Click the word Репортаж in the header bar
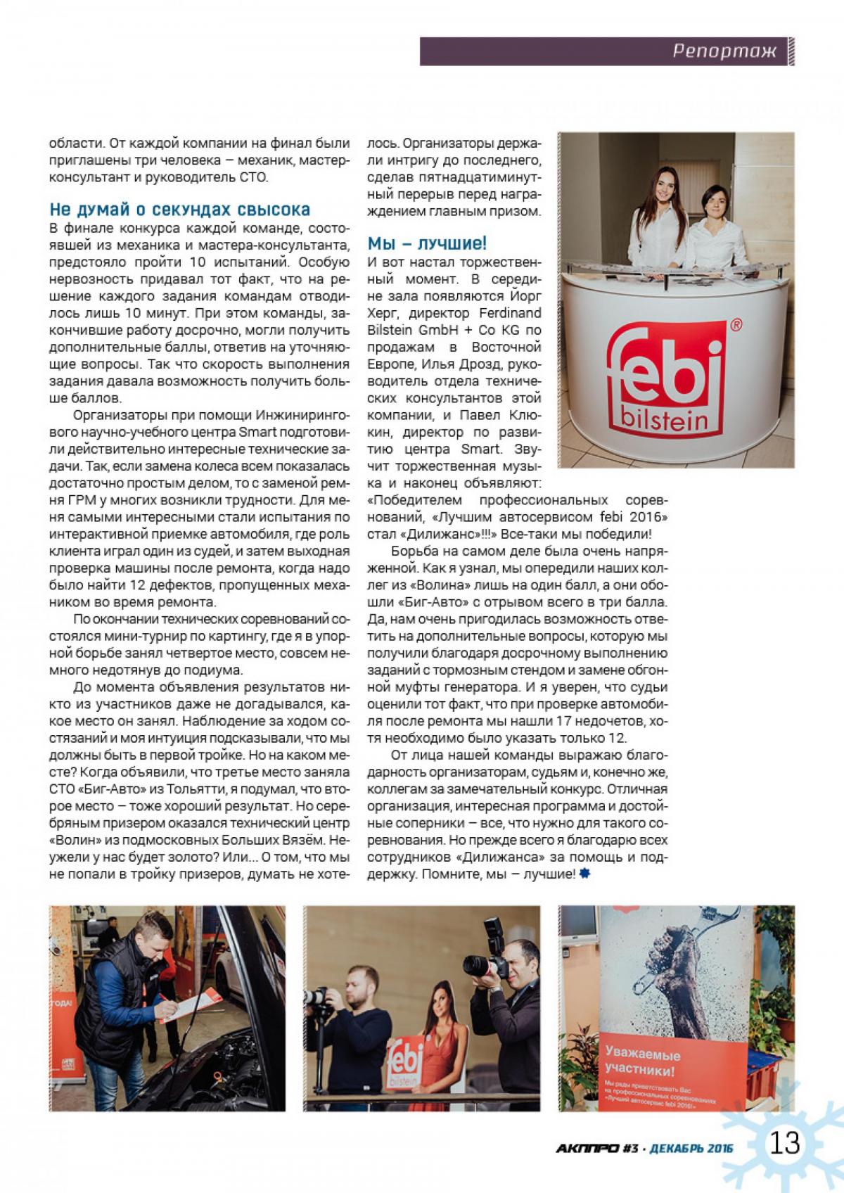(724, 51)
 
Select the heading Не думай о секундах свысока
(179, 210)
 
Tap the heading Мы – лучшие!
(427, 244)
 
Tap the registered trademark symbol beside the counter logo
(736, 325)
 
